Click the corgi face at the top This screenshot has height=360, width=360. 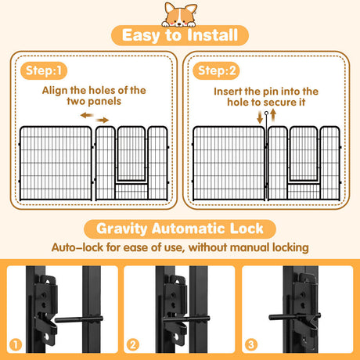[x=179, y=12]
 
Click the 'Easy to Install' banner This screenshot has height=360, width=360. [x=179, y=36]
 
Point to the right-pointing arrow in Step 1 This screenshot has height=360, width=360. [x=103, y=119]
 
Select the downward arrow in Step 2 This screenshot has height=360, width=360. [x=261, y=118]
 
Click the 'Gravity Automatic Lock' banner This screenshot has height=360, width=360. [x=179, y=230]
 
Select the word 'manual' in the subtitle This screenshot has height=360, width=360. [x=256, y=248]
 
